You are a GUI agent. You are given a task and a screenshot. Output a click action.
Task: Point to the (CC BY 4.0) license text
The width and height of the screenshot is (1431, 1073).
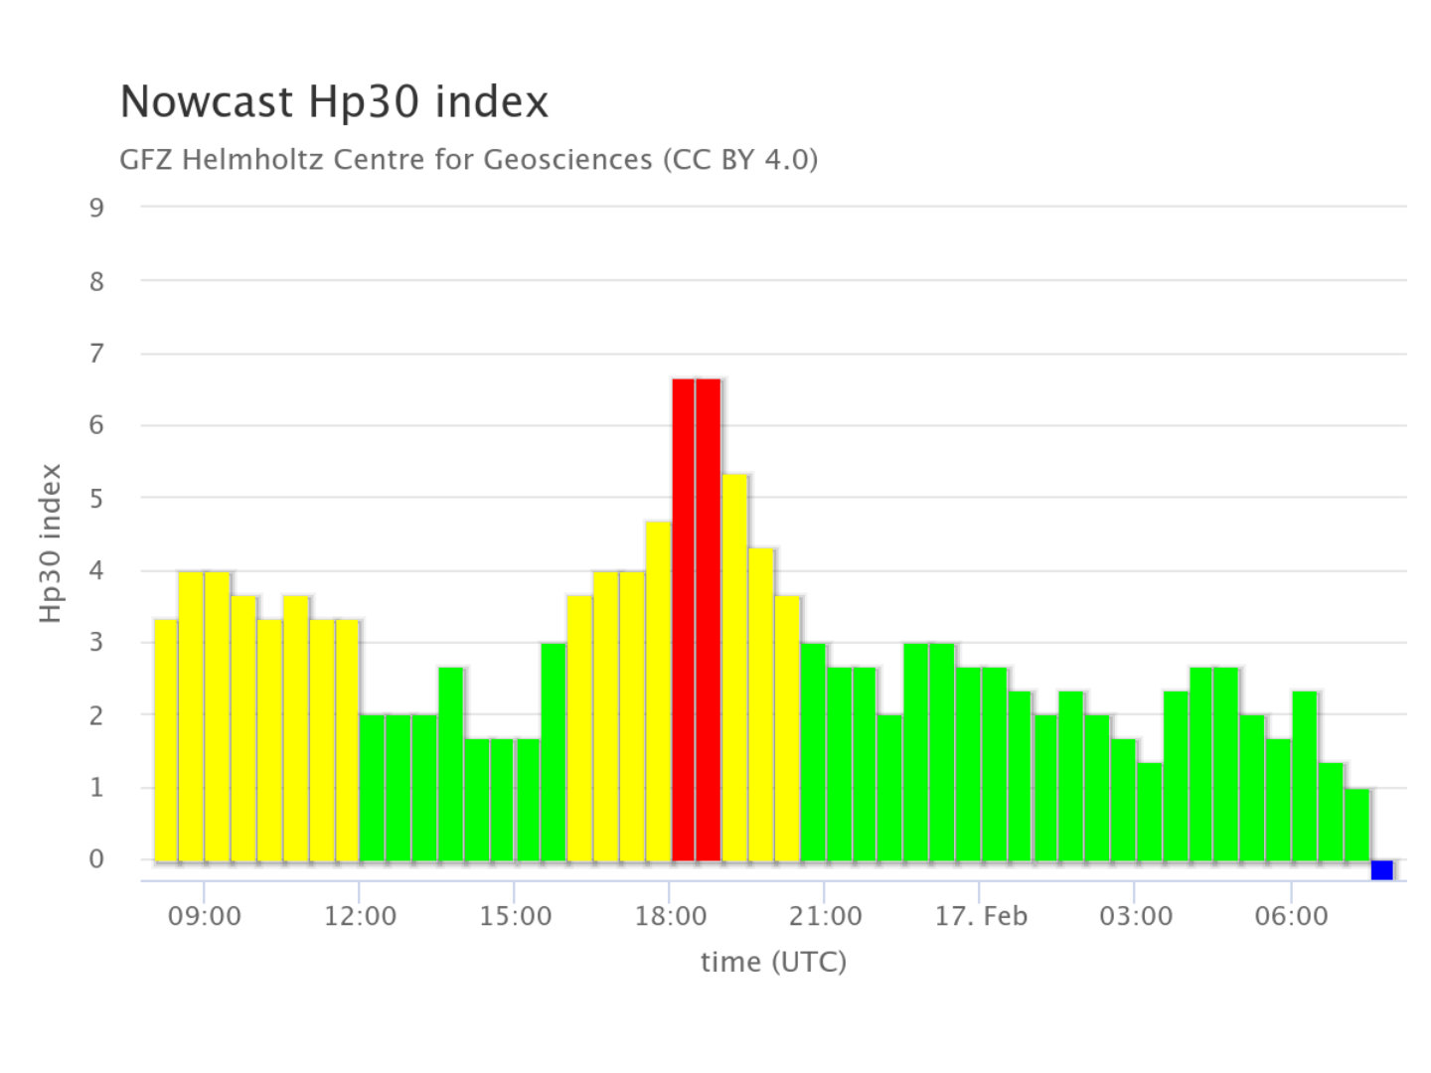(740, 160)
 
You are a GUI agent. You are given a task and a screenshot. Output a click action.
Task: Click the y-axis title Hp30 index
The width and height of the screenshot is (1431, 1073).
(51, 543)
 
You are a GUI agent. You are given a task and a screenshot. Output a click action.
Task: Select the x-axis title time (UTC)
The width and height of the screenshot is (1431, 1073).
(773, 962)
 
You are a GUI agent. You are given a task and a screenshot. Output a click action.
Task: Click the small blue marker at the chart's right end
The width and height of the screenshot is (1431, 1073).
(1381, 870)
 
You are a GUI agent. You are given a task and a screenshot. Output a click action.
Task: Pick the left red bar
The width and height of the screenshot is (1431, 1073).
(683, 619)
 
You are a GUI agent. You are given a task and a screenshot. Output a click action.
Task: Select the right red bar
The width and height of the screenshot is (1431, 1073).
(709, 619)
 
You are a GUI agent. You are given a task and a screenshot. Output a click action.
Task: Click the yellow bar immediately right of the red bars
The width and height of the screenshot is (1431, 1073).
(734, 668)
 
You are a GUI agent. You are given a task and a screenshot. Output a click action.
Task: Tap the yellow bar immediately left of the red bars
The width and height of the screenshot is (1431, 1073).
(658, 690)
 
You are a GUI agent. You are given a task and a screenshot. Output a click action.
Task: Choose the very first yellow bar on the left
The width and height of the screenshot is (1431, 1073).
(166, 739)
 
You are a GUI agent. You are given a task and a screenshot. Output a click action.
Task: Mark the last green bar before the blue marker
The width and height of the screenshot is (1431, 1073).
(1356, 825)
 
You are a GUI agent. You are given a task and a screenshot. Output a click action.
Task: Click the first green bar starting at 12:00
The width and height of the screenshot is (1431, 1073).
(372, 787)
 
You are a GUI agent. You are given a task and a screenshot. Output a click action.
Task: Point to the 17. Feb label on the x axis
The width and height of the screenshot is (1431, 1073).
(980, 916)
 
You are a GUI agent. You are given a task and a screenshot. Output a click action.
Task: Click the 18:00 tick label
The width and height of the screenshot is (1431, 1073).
(670, 916)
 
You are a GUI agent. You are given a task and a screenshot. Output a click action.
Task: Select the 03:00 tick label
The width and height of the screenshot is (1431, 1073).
(1135, 916)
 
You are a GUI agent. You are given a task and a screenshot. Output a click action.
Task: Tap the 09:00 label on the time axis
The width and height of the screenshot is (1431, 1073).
(204, 916)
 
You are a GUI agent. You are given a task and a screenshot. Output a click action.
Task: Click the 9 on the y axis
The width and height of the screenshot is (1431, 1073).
(96, 208)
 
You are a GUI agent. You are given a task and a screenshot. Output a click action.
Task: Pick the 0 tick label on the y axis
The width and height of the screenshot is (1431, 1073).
(96, 859)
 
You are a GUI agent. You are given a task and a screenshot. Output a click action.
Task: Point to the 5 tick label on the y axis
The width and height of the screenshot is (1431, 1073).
(96, 498)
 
